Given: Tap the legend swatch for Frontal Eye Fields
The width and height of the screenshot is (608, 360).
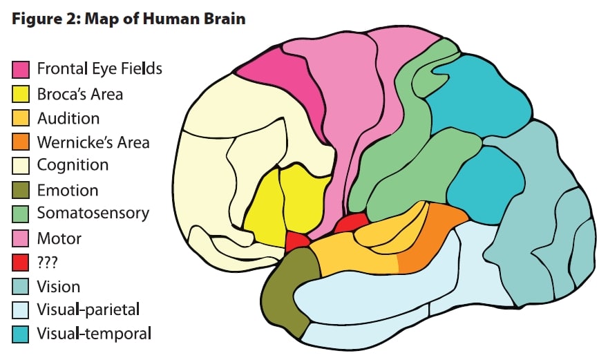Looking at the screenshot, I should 21,69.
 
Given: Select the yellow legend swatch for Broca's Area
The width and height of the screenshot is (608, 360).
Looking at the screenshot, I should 21,93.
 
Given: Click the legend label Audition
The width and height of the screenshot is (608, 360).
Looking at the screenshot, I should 68,118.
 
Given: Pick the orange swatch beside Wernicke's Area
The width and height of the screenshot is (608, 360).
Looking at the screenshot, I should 21,142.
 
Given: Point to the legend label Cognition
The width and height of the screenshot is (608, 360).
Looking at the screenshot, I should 73,165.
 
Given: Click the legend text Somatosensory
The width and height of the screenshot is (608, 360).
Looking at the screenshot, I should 93,214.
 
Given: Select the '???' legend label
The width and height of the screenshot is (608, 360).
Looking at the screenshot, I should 49,263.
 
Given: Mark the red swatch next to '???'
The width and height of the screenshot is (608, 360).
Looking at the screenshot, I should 21,263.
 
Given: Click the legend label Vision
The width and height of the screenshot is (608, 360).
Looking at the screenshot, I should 59,286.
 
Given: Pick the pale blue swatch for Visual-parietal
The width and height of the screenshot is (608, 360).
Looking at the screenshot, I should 21,310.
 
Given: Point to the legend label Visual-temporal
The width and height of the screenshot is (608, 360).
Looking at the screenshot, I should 94,334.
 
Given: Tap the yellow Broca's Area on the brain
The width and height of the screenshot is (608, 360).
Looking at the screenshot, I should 283,204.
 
